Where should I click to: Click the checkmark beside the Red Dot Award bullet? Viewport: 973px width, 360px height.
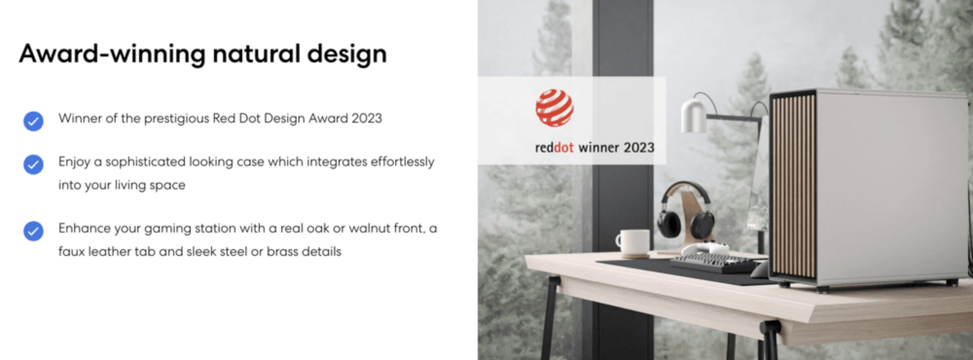[33, 121]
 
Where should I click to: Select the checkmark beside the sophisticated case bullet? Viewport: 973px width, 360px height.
[33, 164]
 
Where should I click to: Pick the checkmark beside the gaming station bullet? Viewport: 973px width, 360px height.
[33, 231]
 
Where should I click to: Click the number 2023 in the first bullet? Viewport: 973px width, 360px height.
[366, 119]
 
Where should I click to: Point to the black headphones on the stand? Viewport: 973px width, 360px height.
[685, 210]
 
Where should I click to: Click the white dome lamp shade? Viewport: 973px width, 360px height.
[694, 116]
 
